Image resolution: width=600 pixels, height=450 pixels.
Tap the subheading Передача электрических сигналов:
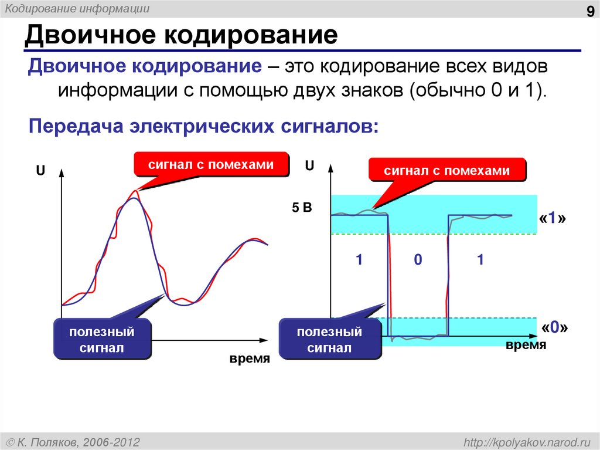204,126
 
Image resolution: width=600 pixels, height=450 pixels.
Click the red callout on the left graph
211,165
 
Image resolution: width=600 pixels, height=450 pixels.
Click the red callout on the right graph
447,171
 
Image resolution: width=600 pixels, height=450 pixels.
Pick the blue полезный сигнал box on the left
102,340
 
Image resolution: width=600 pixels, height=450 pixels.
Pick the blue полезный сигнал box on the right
329,340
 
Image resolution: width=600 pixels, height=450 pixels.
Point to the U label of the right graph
309,166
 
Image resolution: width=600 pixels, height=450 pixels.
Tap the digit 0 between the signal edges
418,260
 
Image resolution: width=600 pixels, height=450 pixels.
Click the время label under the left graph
250,358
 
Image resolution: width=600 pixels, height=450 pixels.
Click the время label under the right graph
526,346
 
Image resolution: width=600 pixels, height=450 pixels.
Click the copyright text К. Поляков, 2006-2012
73,441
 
